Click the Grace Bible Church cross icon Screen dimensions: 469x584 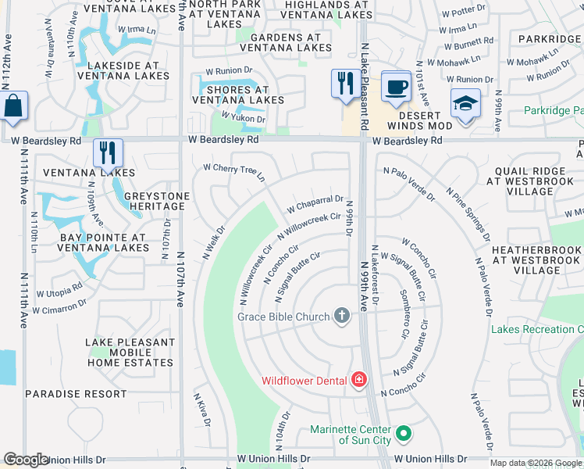341,316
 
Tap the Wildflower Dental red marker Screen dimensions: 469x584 358,381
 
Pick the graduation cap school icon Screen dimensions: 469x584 465,104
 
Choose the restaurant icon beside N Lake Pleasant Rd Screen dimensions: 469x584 345,82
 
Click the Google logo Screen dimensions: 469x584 27,460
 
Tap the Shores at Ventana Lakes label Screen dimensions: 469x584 238,95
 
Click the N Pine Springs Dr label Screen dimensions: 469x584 468,213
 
